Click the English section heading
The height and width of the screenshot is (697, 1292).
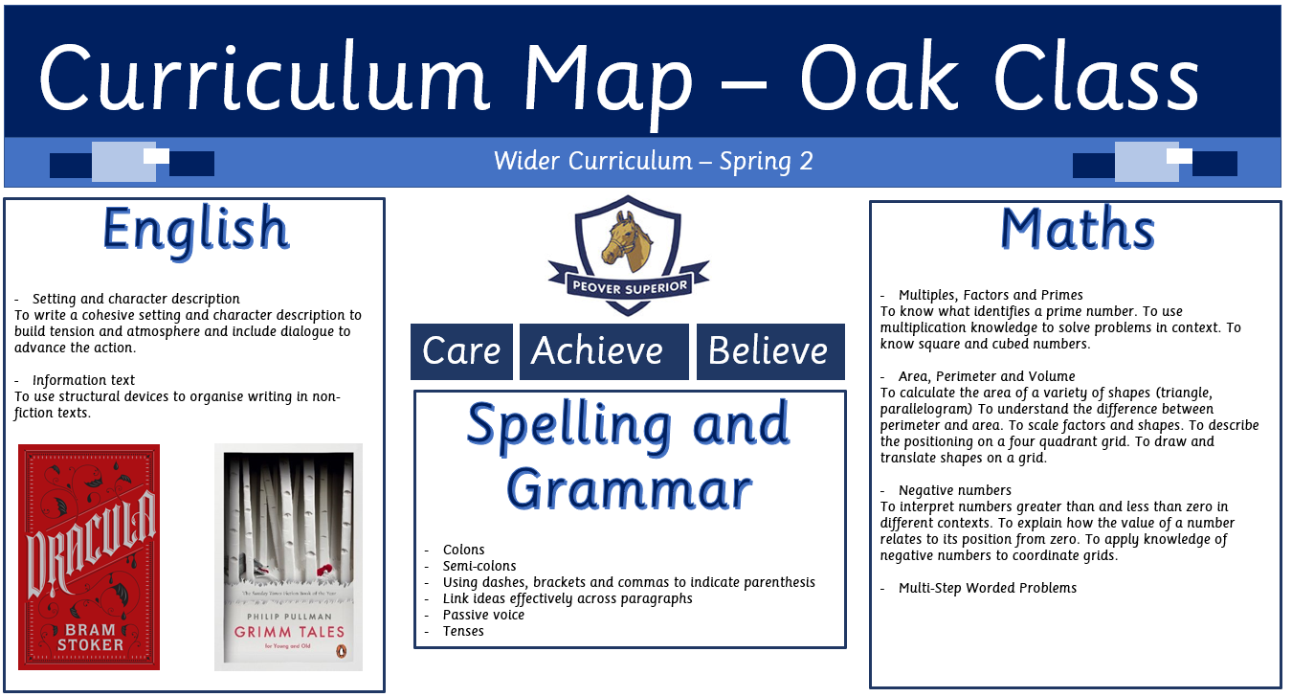[195, 232]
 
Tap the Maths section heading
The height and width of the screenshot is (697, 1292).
[1077, 229]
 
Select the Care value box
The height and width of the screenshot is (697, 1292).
[461, 351]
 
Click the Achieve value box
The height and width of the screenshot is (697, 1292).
[604, 351]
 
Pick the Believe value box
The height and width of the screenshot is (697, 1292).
[770, 351]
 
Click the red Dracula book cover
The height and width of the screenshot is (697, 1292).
[89, 557]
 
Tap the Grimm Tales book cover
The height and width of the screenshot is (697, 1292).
[288, 557]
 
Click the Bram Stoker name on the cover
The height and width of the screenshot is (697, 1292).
[90, 637]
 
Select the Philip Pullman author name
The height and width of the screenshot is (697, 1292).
[289, 617]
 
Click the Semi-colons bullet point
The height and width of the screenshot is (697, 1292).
[479, 566]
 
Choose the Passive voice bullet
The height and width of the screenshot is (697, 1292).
[483, 615]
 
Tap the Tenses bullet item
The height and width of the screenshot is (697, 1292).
[463, 631]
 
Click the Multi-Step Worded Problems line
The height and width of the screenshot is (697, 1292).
[988, 588]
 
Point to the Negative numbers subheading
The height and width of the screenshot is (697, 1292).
[954, 490]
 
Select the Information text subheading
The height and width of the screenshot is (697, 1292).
[83, 380]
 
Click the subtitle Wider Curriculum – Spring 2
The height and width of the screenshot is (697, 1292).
[653, 161]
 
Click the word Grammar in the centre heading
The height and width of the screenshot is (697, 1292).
[630, 490]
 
